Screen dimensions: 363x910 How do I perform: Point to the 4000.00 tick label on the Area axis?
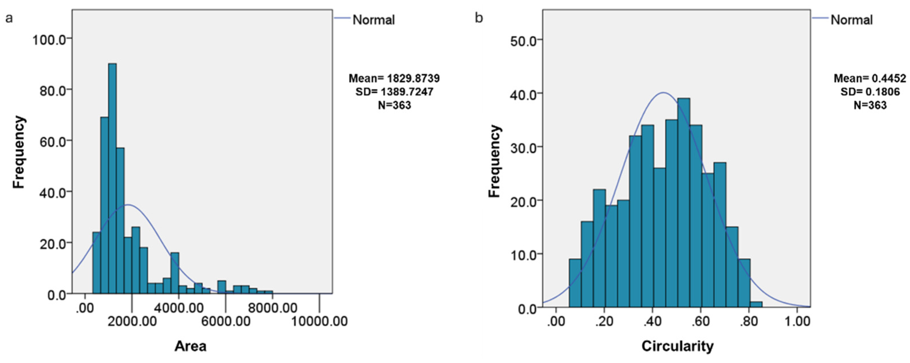(179, 308)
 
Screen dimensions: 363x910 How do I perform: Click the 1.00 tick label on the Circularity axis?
(797, 321)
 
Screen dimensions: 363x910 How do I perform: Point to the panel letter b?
(479, 18)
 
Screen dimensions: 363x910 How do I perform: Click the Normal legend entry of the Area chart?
(373, 20)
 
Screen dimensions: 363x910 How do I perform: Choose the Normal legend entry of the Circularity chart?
(851, 20)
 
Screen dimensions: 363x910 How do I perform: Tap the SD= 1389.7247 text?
(394, 92)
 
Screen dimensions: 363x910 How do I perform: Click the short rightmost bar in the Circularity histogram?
(756, 304)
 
